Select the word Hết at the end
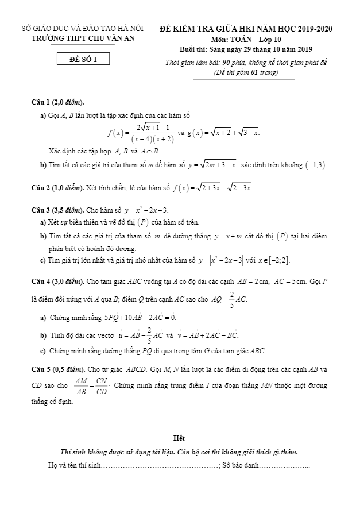click(179, 438)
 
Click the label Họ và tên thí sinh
click(74, 465)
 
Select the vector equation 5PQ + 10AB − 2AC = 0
click(141, 317)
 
